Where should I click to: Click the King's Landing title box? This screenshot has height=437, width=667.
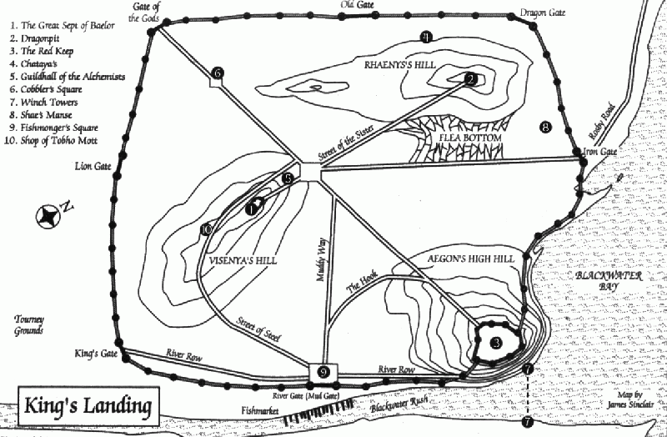pyautogui.click(x=86, y=408)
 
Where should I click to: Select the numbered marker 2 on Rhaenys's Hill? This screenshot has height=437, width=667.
pyautogui.click(x=471, y=79)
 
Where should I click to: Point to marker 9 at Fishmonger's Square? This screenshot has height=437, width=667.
pyautogui.click(x=323, y=372)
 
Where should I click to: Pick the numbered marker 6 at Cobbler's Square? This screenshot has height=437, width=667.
pyautogui.click(x=218, y=73)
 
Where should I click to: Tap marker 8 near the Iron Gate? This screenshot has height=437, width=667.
pyautogui.click(x=545, y=128)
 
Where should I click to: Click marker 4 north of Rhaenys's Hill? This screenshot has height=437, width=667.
pyautogui.click(x=425, y=37)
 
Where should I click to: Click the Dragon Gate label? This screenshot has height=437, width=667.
pyautogui.click(x=542, y=12)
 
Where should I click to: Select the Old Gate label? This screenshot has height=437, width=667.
pyautogui.click(x=357, y=6)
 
